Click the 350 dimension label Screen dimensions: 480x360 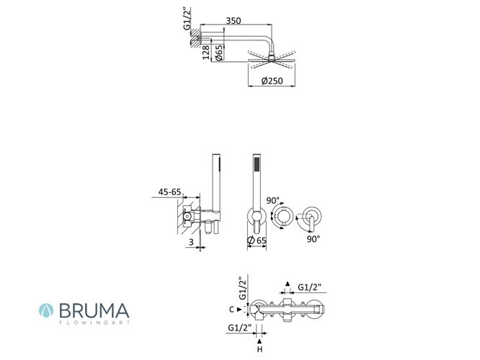tap(234, 20)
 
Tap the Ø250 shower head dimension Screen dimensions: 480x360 tap(272, 81)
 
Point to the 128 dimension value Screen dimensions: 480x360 tap(206, 52)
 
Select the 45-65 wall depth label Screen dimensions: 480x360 tap(169, 192)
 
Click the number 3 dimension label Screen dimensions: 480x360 tap(191, 242)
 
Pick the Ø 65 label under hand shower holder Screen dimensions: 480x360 tap(257, 240)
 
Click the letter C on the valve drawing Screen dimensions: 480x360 tap(232, 310)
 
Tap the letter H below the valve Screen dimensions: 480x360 tap(259, 349)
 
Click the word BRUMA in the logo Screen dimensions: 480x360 tap(94, 310)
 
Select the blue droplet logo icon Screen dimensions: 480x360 tap(46, 310)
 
